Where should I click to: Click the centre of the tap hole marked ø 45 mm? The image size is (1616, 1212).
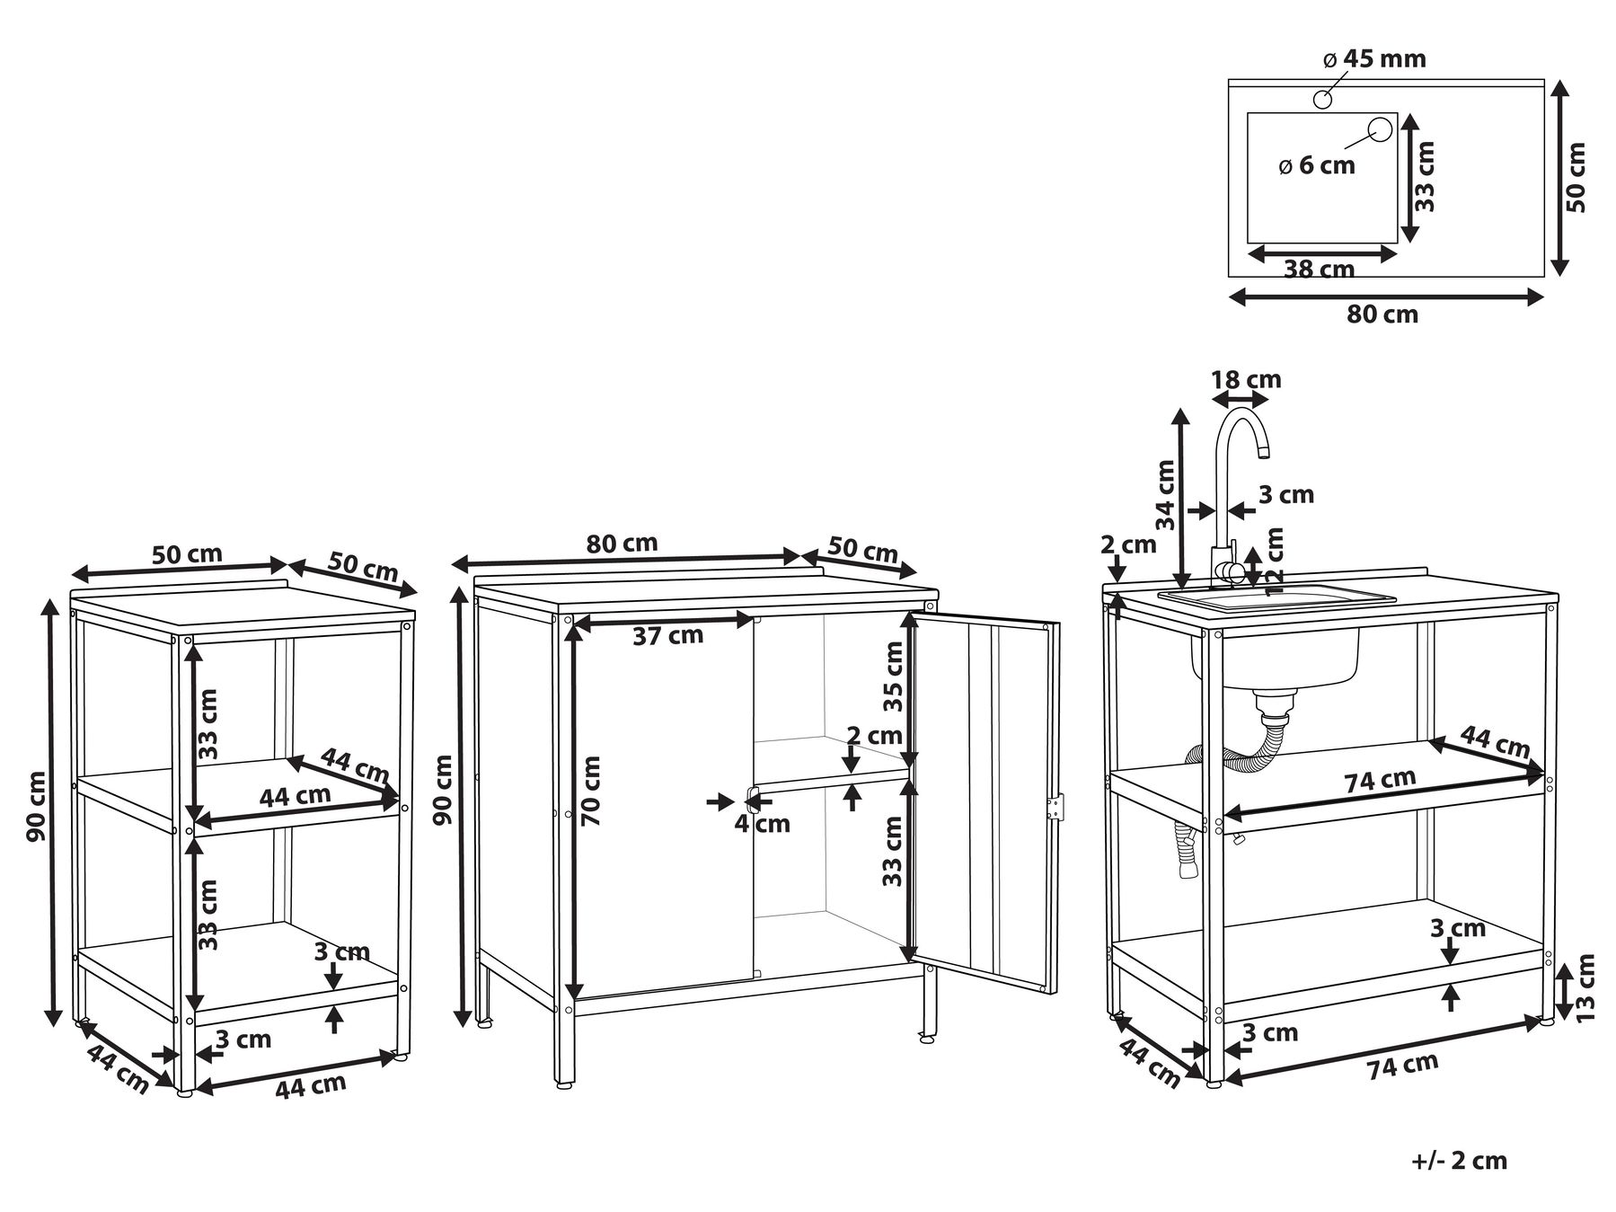[1322, 99]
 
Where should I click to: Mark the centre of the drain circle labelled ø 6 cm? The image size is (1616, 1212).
[1379, 130]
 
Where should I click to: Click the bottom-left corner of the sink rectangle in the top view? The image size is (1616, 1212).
[1248, 243]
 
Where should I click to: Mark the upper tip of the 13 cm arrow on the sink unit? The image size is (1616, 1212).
[1564, 962]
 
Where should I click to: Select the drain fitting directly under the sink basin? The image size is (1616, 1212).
[1275, 705]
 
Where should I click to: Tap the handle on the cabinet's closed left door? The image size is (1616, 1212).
[752, 800]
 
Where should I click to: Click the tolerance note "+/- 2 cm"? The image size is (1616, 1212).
[1459, 1160]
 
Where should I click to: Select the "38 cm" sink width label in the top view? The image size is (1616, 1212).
[1319, 269]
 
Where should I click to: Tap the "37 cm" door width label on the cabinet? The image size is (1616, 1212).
[667, 636]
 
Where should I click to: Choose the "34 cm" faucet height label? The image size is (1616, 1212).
[1166, 494]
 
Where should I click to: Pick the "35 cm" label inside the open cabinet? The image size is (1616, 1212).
[892, 676]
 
